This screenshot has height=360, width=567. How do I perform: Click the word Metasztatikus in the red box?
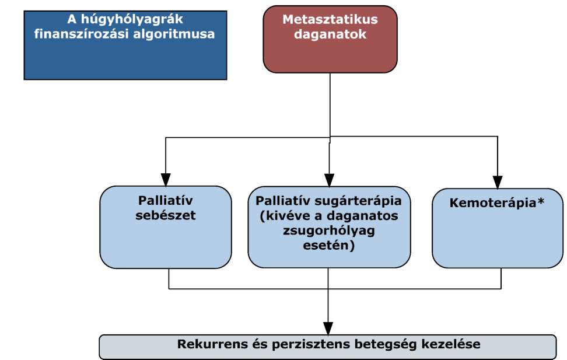click(330, 19)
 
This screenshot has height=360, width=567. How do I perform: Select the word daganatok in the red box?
click(330, 34)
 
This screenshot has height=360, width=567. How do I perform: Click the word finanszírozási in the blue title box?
click(81, 34)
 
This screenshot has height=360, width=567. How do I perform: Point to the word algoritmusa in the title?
click(174, 34)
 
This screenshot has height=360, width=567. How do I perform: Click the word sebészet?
click(166, 215)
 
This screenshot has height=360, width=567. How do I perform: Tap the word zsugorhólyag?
click(328, 231)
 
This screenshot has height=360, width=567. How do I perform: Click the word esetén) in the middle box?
click(328, 246)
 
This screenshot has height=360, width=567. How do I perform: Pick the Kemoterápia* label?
click(497, 203)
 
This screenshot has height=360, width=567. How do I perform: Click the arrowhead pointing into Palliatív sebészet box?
click(166, 180)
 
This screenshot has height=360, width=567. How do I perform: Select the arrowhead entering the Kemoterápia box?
click(498, 183)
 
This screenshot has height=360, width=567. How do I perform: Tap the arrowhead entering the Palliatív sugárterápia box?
click(329, 180)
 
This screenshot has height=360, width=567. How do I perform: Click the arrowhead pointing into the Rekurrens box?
click(328, 328)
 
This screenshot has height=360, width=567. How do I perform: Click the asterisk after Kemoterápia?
click(541, 201)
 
